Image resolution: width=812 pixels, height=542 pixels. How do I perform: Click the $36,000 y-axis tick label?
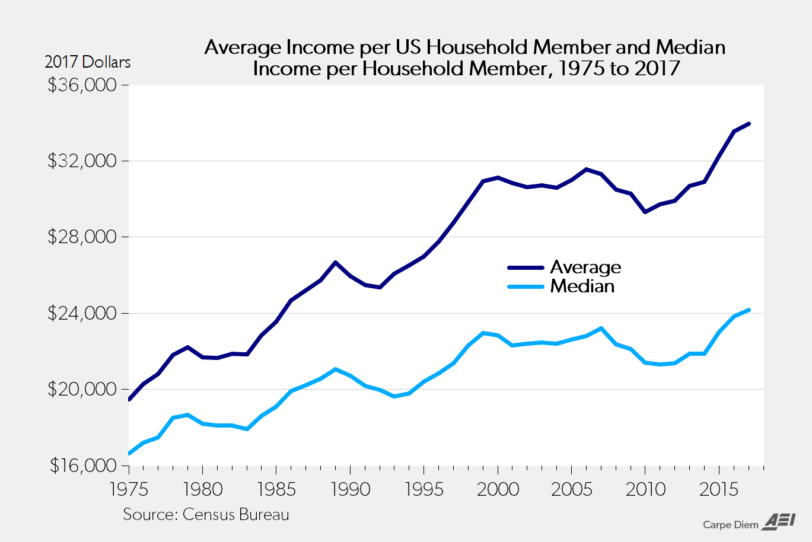coord(81,85)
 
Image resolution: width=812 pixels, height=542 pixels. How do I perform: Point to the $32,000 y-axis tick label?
coord(81,161)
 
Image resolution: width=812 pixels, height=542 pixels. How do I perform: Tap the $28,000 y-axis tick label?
coord(81,237)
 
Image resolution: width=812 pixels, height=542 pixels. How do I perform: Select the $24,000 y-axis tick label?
coord(81,313)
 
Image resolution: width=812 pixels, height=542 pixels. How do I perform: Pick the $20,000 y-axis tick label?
coord(81,389)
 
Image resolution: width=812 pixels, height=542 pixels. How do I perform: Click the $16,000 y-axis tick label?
coord(81,466)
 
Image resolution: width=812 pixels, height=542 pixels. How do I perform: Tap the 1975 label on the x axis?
coord(129,489)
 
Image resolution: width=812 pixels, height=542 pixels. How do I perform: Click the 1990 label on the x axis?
coord(350,489)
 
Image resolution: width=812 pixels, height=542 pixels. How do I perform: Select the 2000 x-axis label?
coord(498,489)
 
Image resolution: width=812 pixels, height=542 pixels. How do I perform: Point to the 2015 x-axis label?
coord(719,489)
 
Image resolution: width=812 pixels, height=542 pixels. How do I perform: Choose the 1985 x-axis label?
coord(276,489)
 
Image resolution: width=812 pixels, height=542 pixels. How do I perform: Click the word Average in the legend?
coord(585,267)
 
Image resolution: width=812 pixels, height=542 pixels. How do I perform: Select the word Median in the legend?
coord(582,286)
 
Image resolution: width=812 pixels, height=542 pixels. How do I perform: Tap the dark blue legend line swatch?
coord(526,267)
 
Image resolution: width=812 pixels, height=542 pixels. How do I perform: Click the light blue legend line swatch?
coord(526,286)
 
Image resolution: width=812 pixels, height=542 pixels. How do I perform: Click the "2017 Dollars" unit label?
coord(87,62)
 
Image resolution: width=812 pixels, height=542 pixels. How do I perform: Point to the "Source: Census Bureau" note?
coord(206,514)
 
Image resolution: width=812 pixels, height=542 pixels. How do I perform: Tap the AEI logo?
coord(779,521)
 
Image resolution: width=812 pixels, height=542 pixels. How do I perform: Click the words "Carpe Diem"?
coord(730,525)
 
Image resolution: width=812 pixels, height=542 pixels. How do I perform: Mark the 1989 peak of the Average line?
coord(335,262)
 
